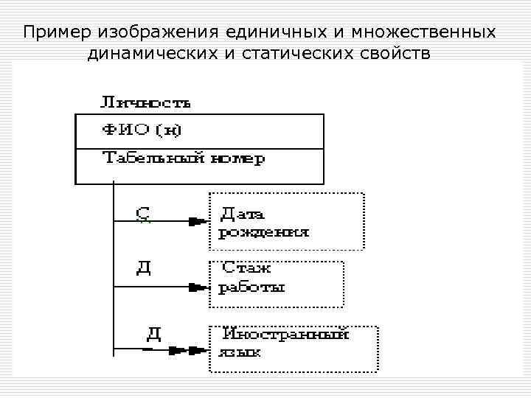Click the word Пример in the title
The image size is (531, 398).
coord(52,33)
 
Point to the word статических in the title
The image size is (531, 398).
coord(295,54)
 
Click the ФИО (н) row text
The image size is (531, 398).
coord(142,131)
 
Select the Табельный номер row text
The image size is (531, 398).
coord(183,158)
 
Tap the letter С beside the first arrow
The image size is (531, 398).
coord(143,214)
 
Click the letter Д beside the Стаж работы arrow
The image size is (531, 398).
coord(144,266)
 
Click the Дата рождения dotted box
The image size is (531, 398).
coord(287,221)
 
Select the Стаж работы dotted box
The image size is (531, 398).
coord(277,283)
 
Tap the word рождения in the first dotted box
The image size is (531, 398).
coord(263,233)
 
